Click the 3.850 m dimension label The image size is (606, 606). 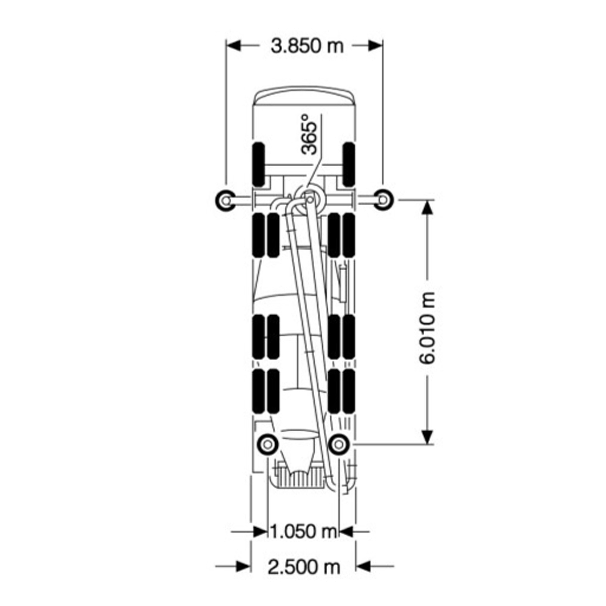(x=307, y=46)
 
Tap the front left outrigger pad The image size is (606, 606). (x=225, y=200)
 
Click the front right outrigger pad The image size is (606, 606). (x=383, y=199)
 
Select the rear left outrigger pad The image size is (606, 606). (x=268, y=444)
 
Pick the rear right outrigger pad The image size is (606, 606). (x=338, y=444)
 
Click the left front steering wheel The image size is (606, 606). (x=259, y=164)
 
